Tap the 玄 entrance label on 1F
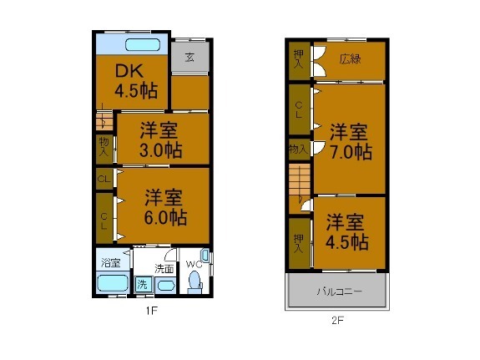pyautogui.click(x=189, y=58)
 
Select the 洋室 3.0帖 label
pyautogui.click(x=161, y=139)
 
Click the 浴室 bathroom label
pyautogui.click(x=110, y=262)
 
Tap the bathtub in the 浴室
pyautogui.click(x=113, y=282)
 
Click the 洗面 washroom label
pyautogui.click(x=164, y=268)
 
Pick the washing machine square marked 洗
pyautogui.click(x=142, y=284)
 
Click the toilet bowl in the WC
pyautogui.click(x=195, y=284)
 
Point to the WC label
pyautogui.click(x=193, y=265)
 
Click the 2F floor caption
pyautogui.click(x=337, y=319)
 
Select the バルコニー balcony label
pyautogui.click(x=338, y=292)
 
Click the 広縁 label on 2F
pyautogui.click(x=349, y=59)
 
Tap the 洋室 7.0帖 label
pyautogui.click(x=349, y=141)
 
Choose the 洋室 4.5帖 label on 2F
pyautogui.click(x=347, y=232)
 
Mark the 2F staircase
pyautogui.click(x=299, y=186)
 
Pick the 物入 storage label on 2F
pyautogui.click(x=297, y=149)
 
